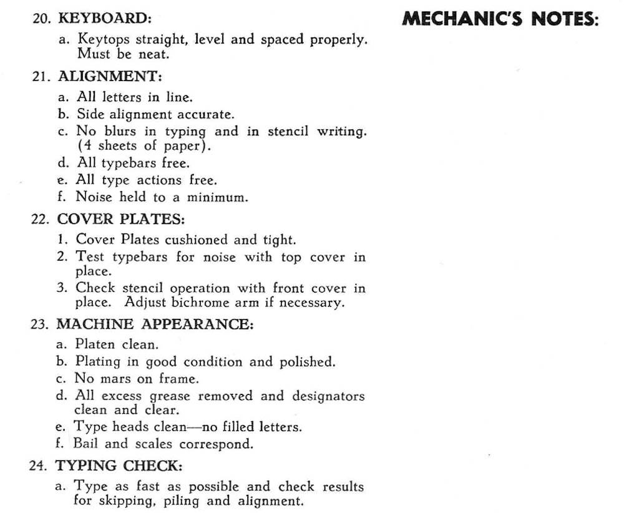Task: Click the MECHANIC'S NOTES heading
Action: [x=500, y=19]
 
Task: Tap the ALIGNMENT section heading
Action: [x=110, y=77]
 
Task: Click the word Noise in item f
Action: [x=93, y=197]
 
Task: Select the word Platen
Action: [x=94, y=344]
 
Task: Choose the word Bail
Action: [x=85, y=444]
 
